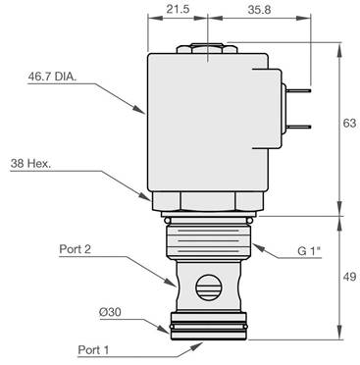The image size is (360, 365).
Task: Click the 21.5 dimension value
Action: pos(178,9)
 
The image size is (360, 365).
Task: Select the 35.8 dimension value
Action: pos(259,10)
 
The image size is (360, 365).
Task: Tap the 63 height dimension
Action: pos(349,123)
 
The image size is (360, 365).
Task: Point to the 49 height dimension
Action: pos(349,277)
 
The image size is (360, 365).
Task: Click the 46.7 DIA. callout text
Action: pos(52,77)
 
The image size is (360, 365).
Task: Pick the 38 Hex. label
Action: pos(30,164)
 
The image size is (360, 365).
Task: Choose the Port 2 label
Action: pos(75,249)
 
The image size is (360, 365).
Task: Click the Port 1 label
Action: pos(93,350)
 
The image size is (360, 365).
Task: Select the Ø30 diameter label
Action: pos(110,312)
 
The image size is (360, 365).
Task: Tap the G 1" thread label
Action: pos(309,251)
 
